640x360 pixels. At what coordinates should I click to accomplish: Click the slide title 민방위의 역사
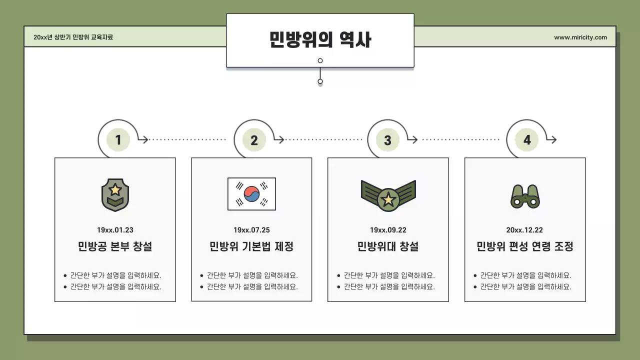coord(320,39)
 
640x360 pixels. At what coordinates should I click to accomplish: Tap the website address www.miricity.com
coord(580,37)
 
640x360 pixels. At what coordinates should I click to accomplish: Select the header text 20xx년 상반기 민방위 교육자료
coord(73,37)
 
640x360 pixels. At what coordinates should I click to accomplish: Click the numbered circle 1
coord(118,140)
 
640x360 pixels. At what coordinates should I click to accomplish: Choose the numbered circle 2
coord(254,140)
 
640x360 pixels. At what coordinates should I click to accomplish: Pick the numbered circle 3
coord(387,140)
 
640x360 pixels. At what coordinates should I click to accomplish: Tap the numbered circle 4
coord(526,140)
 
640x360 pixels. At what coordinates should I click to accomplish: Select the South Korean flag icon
coord(251,194)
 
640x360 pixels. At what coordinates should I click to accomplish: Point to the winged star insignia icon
coord(388,195)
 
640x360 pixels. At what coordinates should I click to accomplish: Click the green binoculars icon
coord(525,196)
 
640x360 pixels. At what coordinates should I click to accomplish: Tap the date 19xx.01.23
coord(115,230)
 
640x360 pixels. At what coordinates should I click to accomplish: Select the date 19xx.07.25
coord(251,230)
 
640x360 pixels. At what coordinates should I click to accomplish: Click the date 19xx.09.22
coord(388,230)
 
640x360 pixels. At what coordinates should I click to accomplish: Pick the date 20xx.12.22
coord(524,230)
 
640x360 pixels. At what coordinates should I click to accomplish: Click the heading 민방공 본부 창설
coord(115,246)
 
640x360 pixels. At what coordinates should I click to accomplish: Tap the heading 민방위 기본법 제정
coord(251,246)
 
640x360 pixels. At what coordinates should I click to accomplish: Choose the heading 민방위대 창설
coord(388,246)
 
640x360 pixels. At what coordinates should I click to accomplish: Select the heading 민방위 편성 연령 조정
coord(524,246)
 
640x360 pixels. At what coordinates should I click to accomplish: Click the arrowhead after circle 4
coord(553,140)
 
